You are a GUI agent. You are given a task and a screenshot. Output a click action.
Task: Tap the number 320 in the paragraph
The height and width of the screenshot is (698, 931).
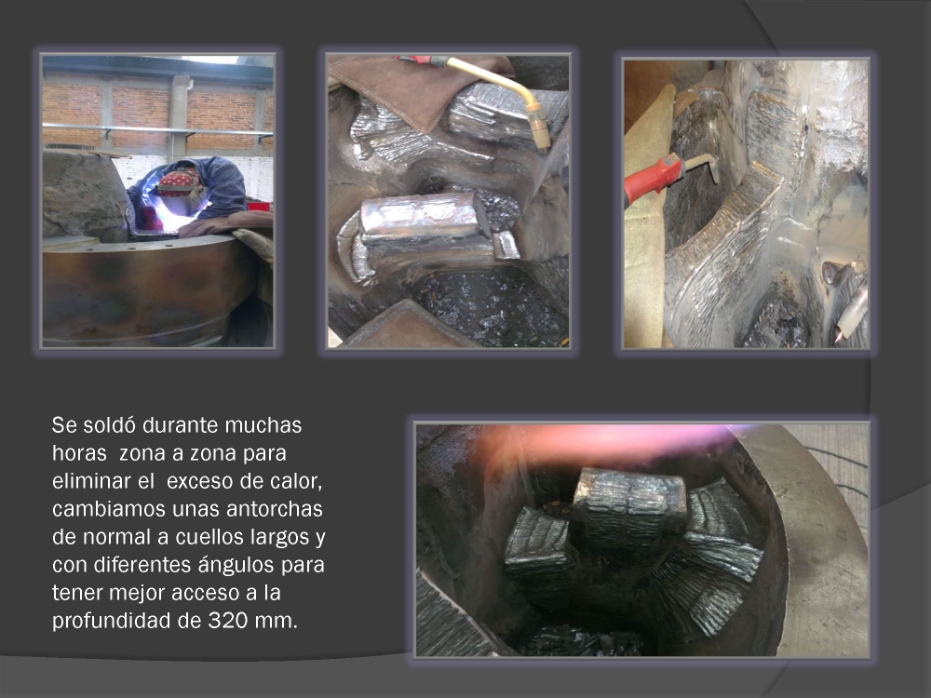tap(228, 620)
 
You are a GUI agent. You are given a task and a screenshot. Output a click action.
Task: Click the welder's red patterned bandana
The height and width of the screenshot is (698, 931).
tap(176, 182)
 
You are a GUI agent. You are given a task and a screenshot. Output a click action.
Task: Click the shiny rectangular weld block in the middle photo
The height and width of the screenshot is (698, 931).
tap(424, 218)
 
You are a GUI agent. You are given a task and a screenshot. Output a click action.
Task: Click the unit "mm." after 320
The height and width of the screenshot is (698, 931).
tap(277, 621)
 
